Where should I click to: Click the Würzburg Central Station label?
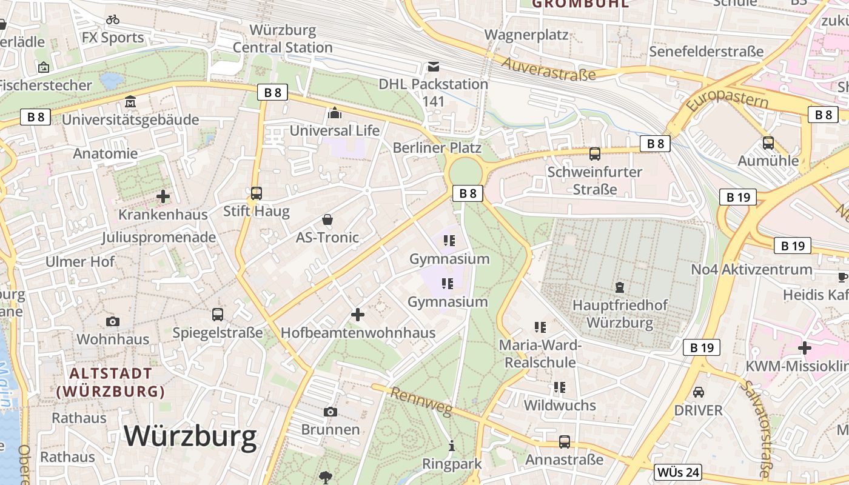(x=283, y=39)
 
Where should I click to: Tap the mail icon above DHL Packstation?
(x=434, y=66)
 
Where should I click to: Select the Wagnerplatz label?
(x=526, y=35)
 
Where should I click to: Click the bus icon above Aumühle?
(x=768, y=143)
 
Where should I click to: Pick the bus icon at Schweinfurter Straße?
(x=595, y=154)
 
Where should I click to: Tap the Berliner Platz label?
(x=437, y=147)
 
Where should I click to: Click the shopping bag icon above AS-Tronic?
(x=327, y=219)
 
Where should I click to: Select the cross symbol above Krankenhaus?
(x=163, y=196)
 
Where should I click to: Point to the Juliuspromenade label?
(x=159, y=237)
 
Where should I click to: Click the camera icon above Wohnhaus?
(x=113, y=321)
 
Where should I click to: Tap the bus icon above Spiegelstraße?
(x=218, y=315)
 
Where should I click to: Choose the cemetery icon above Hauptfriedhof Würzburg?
(x=620, y=287)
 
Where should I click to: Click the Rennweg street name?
(x=421, y=402)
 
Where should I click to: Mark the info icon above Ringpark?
(x=452, y=446)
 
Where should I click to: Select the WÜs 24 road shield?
(x=678, y=472)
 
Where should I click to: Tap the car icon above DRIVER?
(x=699, y=392)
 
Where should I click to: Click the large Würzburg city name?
(x=190, y=436)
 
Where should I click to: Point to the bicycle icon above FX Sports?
(x=113, y=19)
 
